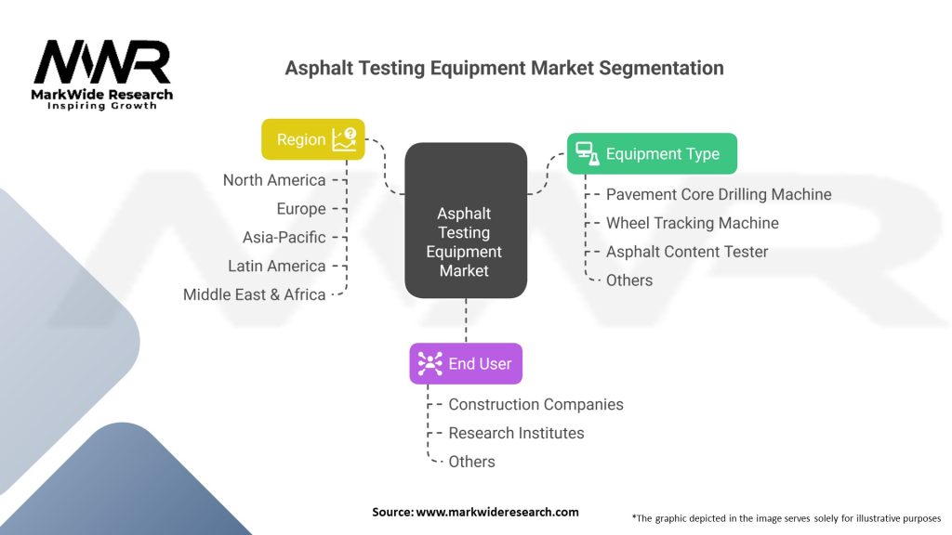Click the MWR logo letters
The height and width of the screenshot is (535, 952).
(x=102, y=64)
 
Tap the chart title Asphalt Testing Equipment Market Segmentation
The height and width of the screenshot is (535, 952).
(x=504, y=68)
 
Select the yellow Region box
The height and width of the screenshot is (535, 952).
(x=313, y=139)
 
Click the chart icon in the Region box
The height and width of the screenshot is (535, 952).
(x=344, y=139)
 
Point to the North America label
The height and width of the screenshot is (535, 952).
(x=274, y=180)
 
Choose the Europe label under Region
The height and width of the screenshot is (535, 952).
(x=301, y=209)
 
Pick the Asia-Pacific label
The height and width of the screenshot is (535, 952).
(x=284, y=237)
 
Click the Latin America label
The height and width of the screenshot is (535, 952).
(x=277, y=266)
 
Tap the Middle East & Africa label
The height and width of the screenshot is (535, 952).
(x=255, y=294)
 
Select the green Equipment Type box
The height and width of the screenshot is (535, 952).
(x=652, y=153)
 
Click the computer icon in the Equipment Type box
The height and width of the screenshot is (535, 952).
(x=586, y=153)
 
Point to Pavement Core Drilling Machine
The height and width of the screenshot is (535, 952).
(x=719, y=194)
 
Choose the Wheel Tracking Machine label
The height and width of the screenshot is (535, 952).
(x=693, y=223)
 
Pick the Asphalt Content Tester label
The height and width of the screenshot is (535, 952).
(x=687, y=252)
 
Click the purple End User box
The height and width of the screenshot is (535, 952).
(x=466, y=363)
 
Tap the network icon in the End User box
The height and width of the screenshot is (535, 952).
(x=430, y=363)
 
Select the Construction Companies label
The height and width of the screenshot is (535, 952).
(x=535, y=404)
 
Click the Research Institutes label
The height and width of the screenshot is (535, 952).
(x=516, y=433)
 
